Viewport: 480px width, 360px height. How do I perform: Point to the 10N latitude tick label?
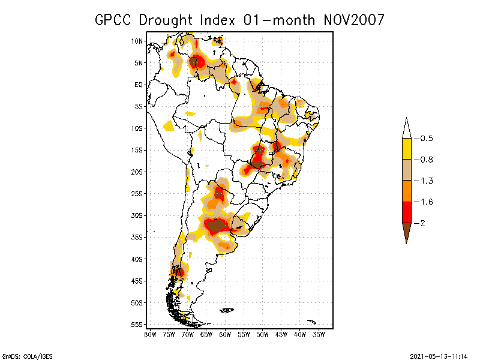click(137, 41)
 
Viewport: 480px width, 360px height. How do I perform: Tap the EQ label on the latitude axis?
click(139, 85)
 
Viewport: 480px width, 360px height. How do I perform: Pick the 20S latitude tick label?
click(137, 172)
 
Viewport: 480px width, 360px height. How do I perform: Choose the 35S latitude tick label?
click(137, 237)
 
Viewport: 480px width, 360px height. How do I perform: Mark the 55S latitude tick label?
click(137, 324)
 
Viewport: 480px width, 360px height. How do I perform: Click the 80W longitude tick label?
click(150, 334)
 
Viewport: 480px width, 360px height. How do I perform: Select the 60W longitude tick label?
click(225, 334)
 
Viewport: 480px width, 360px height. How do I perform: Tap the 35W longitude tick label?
click(319, 334)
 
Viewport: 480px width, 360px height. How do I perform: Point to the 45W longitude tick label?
click(281, 334)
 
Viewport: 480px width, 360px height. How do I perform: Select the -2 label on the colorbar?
click(422, 223)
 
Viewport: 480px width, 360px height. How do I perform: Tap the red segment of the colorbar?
click(406, 212)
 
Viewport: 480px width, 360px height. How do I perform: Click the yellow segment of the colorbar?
click(406, 149)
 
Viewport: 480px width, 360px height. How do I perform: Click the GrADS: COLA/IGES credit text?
click(27, 356)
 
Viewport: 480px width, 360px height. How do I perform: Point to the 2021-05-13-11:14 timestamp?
click(439, 356)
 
